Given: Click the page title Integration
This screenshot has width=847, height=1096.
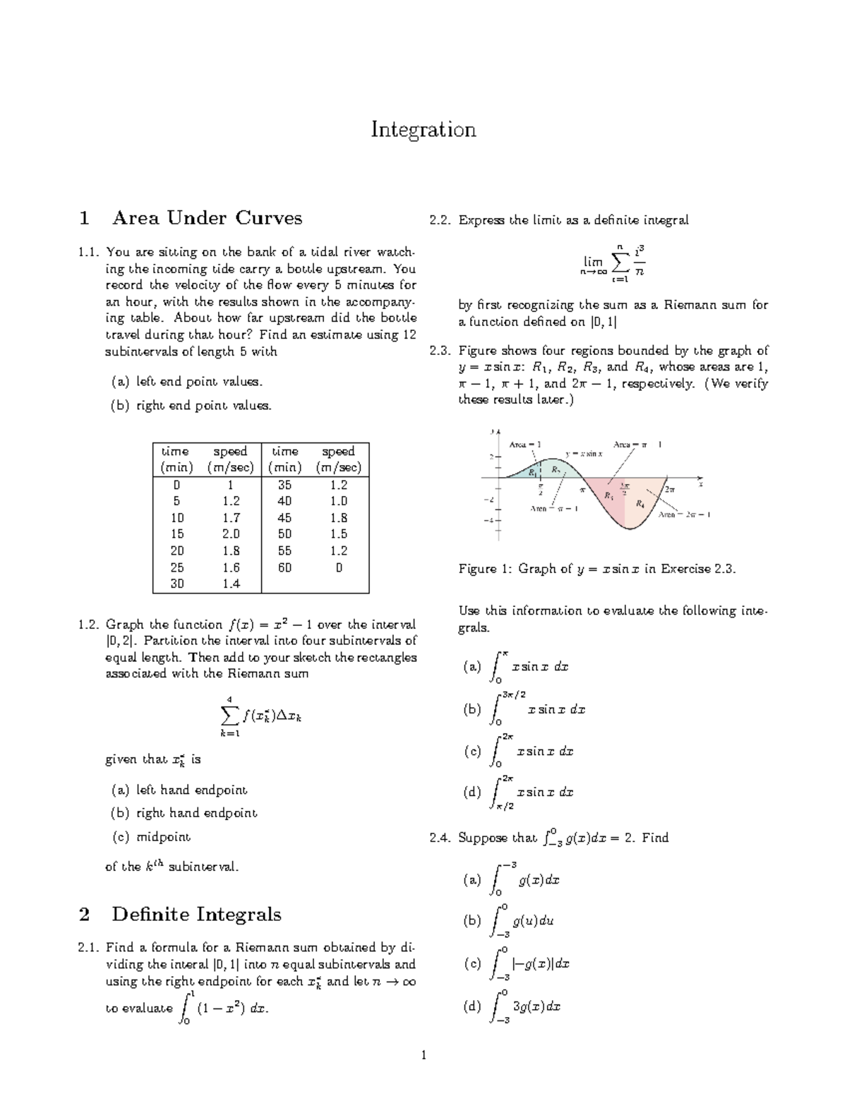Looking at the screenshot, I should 423,130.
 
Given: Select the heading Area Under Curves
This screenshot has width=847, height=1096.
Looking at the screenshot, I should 206,218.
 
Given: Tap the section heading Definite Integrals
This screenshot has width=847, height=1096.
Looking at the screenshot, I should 196,915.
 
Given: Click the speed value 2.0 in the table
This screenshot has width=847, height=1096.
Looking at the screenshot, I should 231,534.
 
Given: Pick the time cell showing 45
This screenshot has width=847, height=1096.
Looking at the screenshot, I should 284,517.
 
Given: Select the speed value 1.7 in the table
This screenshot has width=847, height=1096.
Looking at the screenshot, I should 231,517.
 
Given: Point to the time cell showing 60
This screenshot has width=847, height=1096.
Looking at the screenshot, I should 284,567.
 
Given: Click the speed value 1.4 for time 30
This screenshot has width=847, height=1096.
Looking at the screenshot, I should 231,584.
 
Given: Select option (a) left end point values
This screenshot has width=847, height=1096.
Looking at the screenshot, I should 187,382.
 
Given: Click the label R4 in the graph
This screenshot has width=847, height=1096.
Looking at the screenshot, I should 639,504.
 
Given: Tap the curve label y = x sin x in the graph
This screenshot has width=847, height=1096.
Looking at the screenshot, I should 584,454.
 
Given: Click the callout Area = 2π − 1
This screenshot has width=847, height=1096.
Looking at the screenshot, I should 684,514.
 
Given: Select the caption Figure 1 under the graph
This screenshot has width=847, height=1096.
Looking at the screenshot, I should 597,569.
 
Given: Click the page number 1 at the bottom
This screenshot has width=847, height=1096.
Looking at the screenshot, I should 423,1056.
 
